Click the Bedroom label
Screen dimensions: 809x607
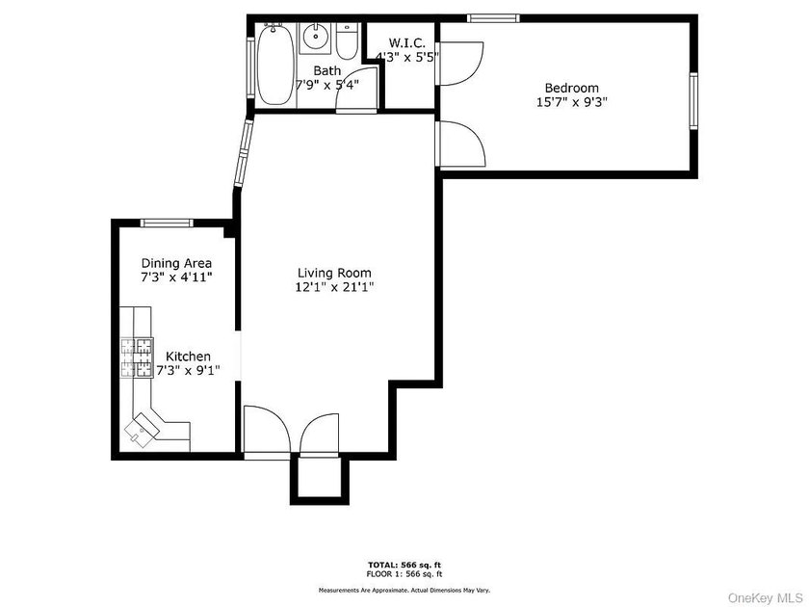[572, 88]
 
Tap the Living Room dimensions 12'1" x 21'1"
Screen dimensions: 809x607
[334, 287]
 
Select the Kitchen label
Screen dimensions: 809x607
[188, 356]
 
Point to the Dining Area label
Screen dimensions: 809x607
[176, 263]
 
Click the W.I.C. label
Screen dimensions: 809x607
[407, 42]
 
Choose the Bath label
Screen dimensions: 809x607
[327, 70]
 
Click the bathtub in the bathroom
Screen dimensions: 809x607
[275, 64]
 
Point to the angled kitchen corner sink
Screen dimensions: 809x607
[142, 428]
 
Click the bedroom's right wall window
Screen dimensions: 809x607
[693, 100]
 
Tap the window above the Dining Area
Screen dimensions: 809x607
[167, 223]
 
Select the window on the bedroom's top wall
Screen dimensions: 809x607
[493, 18]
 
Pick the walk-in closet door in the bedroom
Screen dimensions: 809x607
[460, 63]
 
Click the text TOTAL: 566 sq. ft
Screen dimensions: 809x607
[404, 565]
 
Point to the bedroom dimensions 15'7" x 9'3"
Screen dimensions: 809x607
[572, 102]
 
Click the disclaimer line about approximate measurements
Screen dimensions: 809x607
[404, 590]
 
